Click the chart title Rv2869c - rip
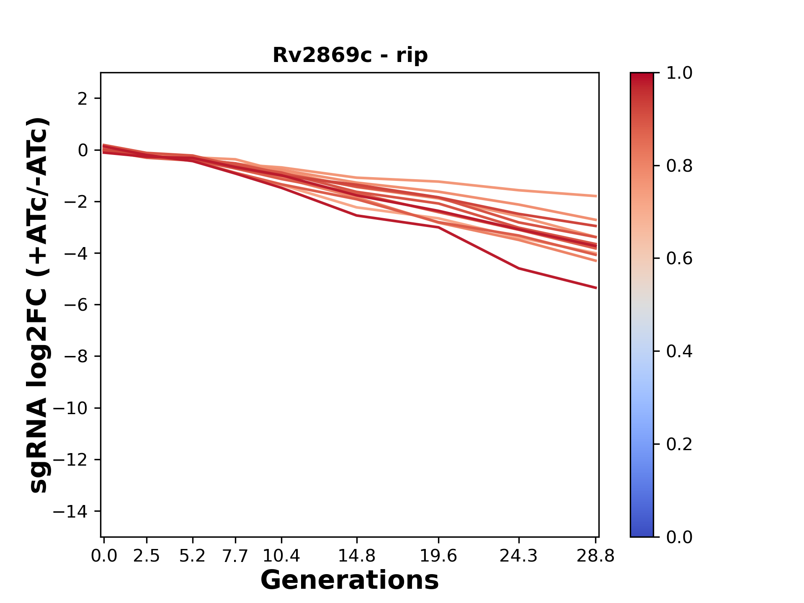click(x=350, y=55)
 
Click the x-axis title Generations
click(x=350, y=580)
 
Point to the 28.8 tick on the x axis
click(x=596, y=556)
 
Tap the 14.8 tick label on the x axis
click(x=356, y=556)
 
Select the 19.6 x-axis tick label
click(x=438, y=556)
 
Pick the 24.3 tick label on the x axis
click(x=518, y=556)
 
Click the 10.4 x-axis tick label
click(x=281, y=556)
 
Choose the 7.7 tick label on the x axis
click(x=235, y=556)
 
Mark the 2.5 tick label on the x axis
click(x=147, y=556)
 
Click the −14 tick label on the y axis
click(x=70, y=511)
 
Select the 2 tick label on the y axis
click(x=82, y=99)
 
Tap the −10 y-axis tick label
click(x=70, y=408)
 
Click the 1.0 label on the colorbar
click(x=679, y=73)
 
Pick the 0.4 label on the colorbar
click(x=679, y=351)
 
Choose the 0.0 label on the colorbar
click(x=679, y=537)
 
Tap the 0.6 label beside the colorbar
click(x=679, y=259)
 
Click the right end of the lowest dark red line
click(x=596, y=288)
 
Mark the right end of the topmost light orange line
click(x=596, y=196)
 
